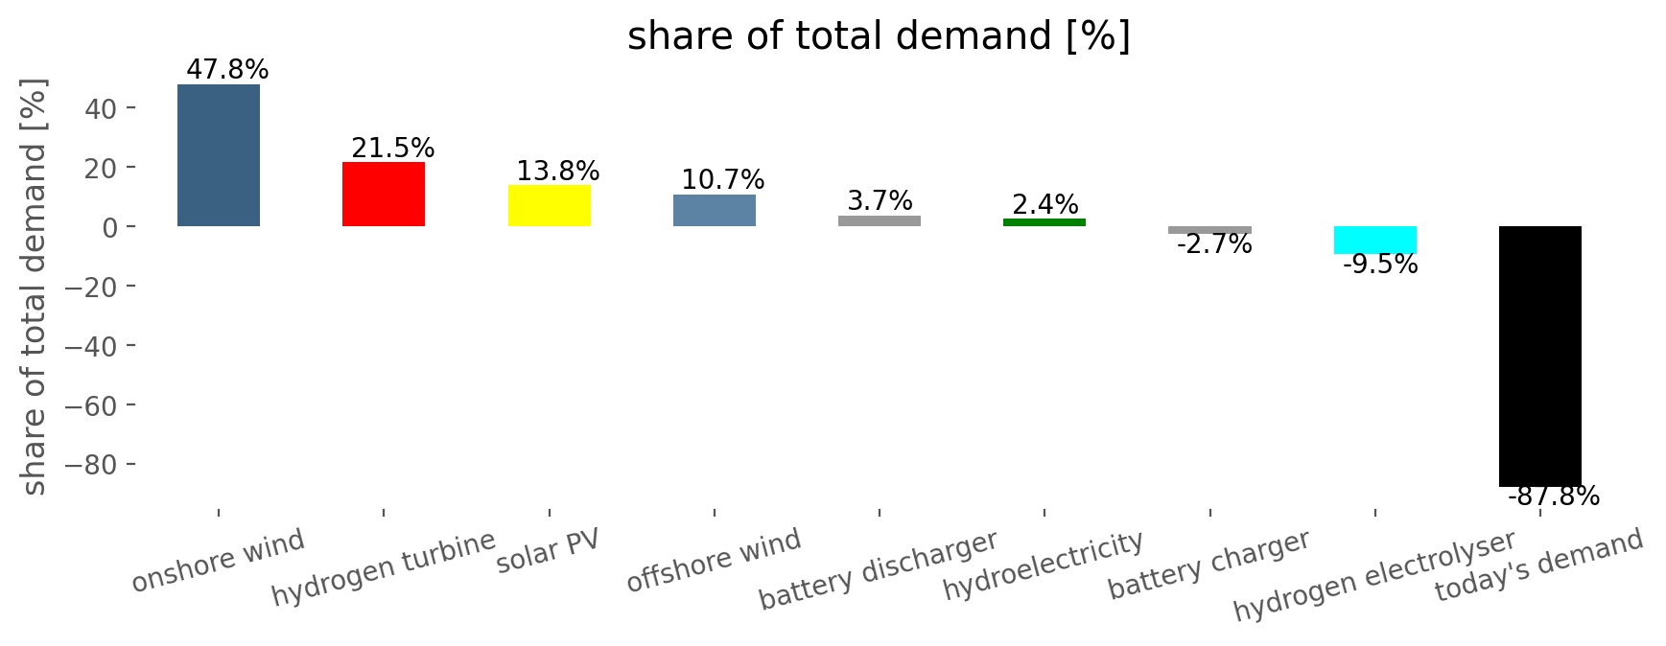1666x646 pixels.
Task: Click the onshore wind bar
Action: click(x=219, y=155)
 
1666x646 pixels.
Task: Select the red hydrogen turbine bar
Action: click(x=384, y=195)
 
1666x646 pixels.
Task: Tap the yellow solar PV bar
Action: click(x=550, y=206)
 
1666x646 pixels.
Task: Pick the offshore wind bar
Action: click(x=715, y=211)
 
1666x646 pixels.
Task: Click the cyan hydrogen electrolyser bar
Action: click(x=1375, y=241)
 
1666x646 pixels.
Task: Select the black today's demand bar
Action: click(x=1540, y=357)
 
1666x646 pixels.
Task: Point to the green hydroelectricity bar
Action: click(x=1044, y=222)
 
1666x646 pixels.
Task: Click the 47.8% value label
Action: click(x=227, y=70)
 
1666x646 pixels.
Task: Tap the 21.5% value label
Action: click(x=393, y=149)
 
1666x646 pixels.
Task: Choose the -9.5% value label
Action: click(x=1380, y=265)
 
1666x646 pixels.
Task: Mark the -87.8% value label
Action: click(x=1554, y=496)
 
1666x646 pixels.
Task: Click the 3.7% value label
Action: click(x=880, y=201)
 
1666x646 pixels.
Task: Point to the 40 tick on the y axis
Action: click(x=101, y=108)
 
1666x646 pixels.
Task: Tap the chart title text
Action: click(x=880, y=36)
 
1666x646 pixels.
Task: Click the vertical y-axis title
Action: click(x=34, y=287)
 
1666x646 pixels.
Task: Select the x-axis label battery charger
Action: click(x=1209, y=565)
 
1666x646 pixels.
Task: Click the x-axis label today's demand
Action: click(x=1539, y=565)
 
